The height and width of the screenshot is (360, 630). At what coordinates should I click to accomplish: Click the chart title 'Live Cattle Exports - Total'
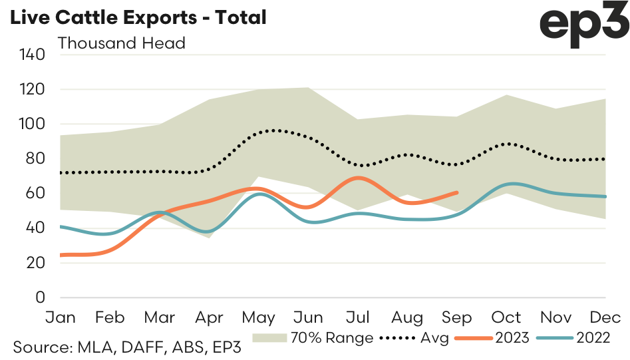tap(136, 17)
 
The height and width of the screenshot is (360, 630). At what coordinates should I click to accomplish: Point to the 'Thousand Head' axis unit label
tap(121, 43)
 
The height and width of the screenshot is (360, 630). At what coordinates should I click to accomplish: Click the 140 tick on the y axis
tap(31, 55)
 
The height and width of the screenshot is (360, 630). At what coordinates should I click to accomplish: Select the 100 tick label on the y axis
tap(31, 124)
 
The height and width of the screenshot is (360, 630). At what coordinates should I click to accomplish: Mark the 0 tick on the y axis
tap(39, 297)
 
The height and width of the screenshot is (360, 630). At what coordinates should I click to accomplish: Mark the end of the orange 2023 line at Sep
tap(457, 192)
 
